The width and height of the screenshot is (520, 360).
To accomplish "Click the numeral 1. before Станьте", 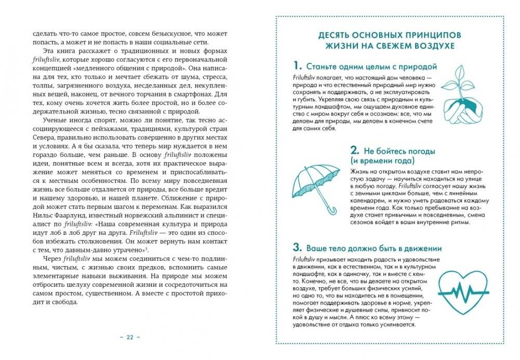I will (297, 66).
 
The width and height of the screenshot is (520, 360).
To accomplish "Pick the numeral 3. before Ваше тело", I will (297, 247).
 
